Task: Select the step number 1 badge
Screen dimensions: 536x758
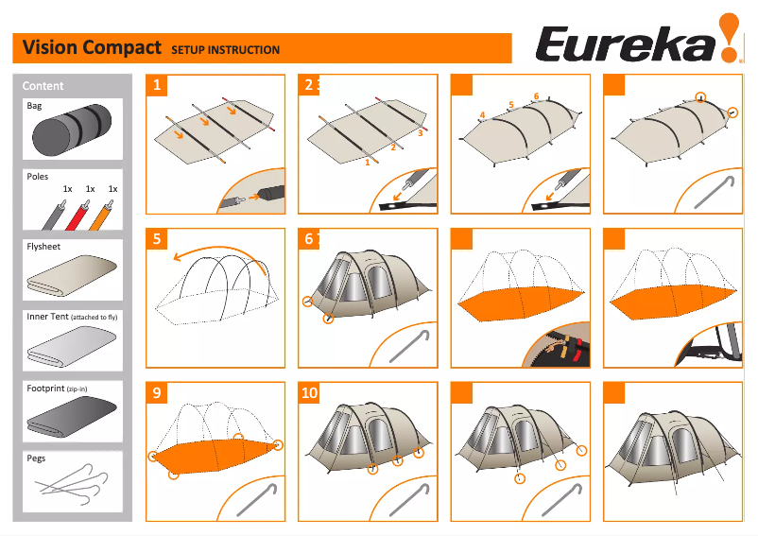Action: (158, 85)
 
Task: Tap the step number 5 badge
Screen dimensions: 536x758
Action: (158, 238)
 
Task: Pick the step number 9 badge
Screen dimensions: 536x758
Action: (158, 392)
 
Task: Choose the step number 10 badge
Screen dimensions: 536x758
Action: (310, 392)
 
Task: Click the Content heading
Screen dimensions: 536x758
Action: (43, 86)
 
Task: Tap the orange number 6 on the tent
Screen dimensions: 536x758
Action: (536, 96)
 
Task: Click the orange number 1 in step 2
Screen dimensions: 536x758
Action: (367, 163)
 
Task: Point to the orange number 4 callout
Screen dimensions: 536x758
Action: (482, 115)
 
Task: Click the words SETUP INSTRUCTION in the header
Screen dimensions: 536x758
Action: (225, 50)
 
